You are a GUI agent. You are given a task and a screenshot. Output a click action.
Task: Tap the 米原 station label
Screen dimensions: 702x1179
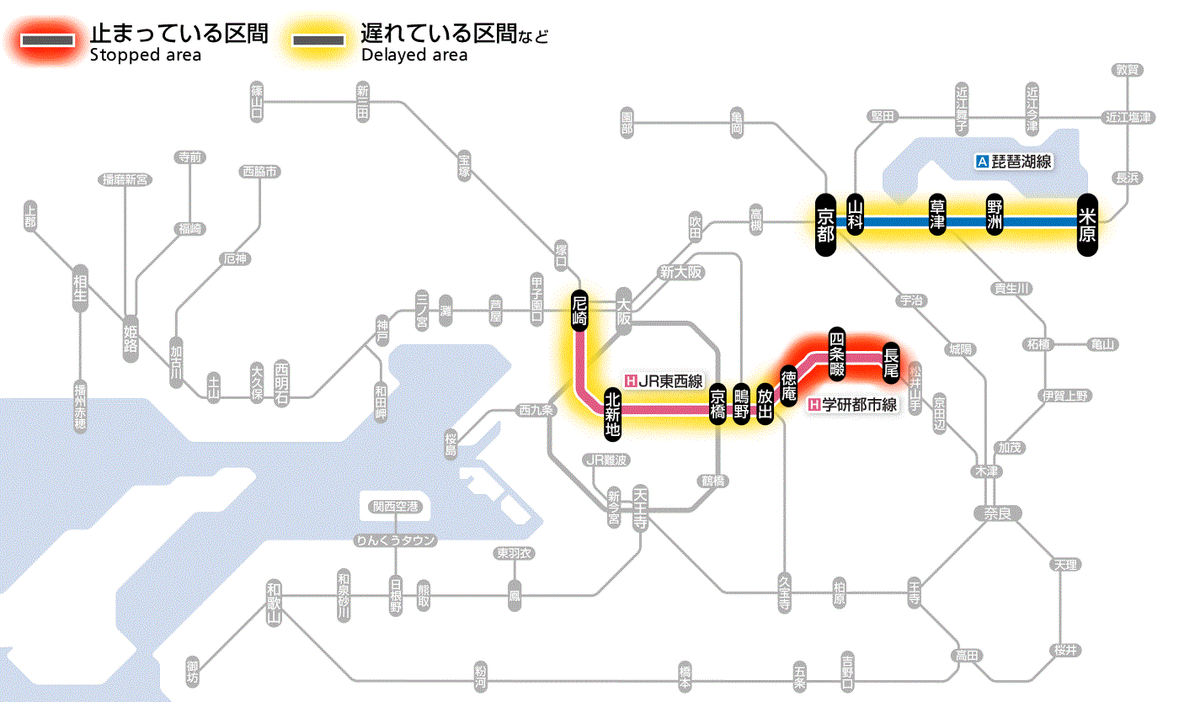click(1087, 223)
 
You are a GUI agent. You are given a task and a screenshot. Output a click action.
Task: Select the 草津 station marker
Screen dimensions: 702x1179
click(937, 215)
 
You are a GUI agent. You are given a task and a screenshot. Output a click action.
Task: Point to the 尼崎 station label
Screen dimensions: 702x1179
click(579, 310)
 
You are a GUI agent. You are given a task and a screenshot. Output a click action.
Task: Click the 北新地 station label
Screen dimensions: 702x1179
click(613, 413)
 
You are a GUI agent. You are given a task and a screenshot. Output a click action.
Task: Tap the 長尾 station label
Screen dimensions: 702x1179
click(891, 360)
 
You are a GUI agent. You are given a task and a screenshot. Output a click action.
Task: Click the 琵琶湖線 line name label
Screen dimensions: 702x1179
click(1016, 162)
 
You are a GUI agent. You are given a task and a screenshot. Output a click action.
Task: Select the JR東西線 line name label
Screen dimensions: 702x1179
click(664, 380)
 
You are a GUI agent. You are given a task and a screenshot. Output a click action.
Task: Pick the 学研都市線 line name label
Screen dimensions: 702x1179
click(852, 405)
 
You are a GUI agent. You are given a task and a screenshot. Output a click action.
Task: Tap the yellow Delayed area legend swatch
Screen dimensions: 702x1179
click(318, 40)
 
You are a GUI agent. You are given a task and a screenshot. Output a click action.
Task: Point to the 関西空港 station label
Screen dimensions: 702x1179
click(395, 507)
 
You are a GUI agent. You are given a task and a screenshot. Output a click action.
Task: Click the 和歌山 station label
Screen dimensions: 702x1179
click(273, 602)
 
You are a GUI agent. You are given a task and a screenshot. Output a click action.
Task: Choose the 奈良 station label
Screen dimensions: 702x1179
click(996, 513)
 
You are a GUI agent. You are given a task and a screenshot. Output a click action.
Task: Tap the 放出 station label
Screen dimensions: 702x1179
click(765, 404)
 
